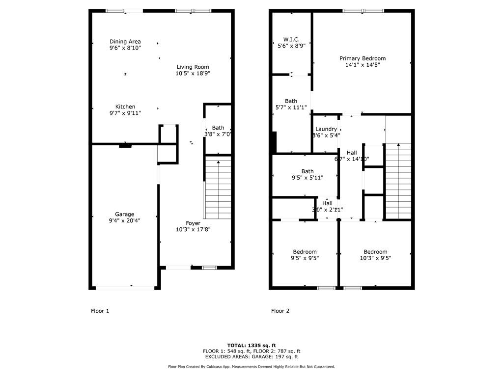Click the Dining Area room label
pos(125,42)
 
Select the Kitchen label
pos(125,107)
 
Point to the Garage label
pos(124,214)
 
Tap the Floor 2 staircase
pos(398,182)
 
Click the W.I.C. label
pos(291,39)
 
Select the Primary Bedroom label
pos(363,58)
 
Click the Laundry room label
pos(326,129)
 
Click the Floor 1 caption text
pos(100,311)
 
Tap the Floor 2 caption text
pos(280,311)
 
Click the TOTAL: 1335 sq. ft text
pos(251,345)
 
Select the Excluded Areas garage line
pos(251,357)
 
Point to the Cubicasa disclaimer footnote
pos(251,367)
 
